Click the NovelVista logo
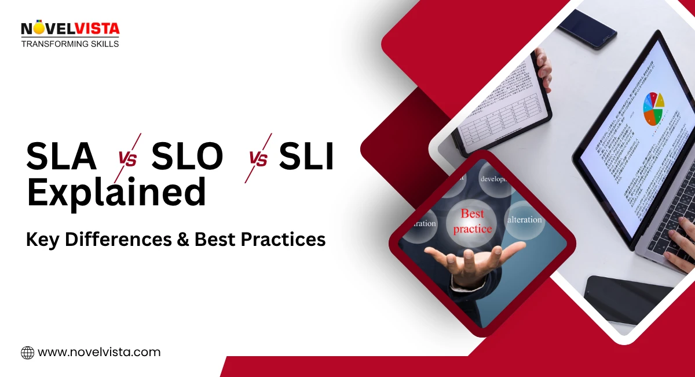(x=69, y=28)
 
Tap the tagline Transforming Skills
(x=69, y=43)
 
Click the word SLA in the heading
(x=61, y=157)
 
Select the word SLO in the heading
(x=186, y=157)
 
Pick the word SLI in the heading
(x=306, y=157)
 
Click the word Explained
(x=116, y=193)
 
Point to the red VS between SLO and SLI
(x=258, y=158)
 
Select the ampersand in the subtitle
(x=183, y=239)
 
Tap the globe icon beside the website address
(x=27, y=352)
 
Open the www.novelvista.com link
(x=98, y=352)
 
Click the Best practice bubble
(x=472, y=221)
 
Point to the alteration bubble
(x=524, y=220)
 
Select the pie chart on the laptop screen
(x=654, y=109)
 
